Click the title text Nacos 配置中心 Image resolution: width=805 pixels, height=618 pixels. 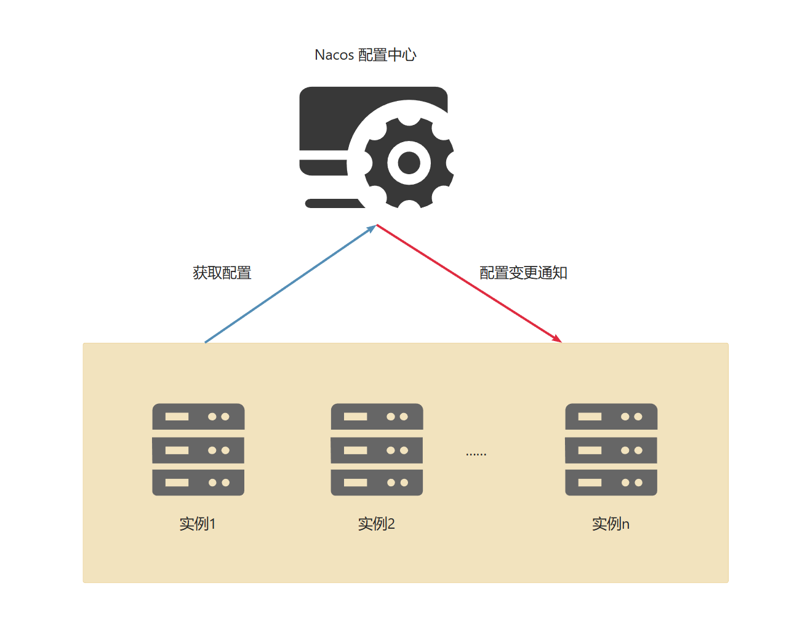click(366, 55)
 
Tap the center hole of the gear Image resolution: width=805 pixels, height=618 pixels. click(409, 163)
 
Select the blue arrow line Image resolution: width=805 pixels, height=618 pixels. click(289, 284)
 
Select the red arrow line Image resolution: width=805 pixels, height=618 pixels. click(468, 283)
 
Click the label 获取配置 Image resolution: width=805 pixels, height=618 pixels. click(222, 273)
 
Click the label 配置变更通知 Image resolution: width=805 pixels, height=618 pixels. click(523, 273)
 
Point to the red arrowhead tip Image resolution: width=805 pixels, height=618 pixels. click(561, 341)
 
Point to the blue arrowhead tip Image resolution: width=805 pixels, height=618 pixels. click(375, 226)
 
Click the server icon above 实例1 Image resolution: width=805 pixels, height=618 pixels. click(198, 449)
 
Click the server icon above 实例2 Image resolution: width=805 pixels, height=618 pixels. click(377, 449)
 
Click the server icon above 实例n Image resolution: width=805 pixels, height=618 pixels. click(611, 449)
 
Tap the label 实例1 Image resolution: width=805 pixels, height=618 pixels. click(198, 524)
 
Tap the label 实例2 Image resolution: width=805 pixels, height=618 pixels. click(377, 524)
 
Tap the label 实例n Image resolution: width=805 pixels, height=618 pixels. click(611, 524)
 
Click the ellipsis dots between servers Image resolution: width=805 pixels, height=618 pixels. click(476, 454)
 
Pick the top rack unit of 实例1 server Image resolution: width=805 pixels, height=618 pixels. click(198, 417)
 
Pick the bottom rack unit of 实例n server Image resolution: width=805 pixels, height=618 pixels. click(611, 483)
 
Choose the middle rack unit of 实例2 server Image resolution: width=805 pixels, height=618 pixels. click(377, 450)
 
